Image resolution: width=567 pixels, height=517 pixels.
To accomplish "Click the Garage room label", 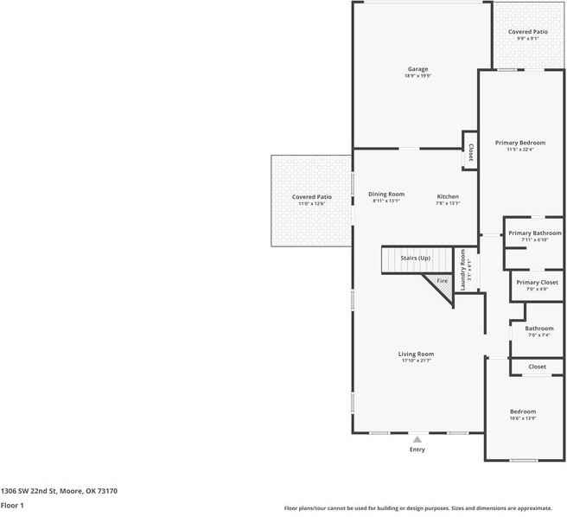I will (x=417, y=69).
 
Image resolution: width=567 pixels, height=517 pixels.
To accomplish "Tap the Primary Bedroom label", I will (x=519, y=143).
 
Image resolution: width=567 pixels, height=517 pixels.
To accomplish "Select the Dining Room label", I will (x=385, y=195).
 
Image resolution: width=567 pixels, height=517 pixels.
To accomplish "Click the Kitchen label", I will (x=447, y=197).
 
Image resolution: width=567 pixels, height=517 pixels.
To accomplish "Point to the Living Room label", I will (x=416, y=354).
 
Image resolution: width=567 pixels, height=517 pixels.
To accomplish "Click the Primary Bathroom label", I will (x=534, y=233).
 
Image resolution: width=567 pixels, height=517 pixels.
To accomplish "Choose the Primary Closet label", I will (x=537, y=282).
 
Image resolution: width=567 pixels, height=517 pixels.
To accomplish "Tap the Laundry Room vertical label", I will (x=463, y=270).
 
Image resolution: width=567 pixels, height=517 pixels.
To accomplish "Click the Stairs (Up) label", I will (x=416, y=258).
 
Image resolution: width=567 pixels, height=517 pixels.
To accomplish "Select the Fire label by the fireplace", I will (x=441, y=281).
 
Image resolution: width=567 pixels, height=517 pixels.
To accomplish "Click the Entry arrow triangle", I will (x=417, y=439).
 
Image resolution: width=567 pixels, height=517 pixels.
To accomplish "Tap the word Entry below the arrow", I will (x=417, y=450).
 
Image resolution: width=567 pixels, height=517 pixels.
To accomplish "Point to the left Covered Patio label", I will (x=311, y=197).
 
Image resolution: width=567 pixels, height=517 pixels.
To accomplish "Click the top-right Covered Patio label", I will (x=527, y=32).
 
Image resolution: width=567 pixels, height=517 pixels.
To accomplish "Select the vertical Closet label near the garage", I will (x=470, y=152).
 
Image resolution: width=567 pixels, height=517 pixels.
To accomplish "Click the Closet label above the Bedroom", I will (x=537, y=367).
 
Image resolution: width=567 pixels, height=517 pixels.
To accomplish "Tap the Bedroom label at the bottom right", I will (x=522, y=412).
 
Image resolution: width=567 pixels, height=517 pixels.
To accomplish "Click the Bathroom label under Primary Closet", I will (x=538, y=329).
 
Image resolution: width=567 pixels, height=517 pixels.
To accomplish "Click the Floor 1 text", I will (x=12, y=505).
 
